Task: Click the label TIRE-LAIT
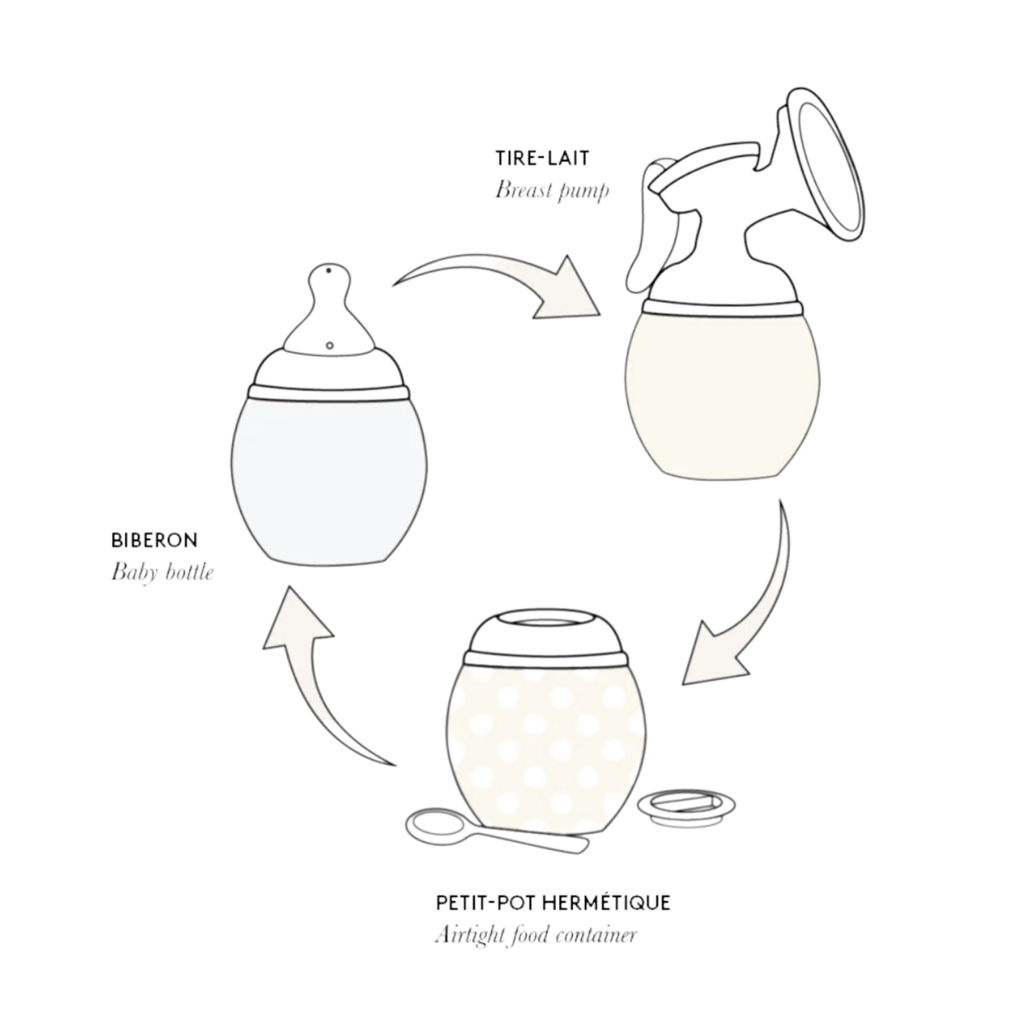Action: [542, 158]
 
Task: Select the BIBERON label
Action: [154, 540]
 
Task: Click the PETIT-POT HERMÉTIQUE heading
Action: [553, 903]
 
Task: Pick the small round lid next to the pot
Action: [686, 806]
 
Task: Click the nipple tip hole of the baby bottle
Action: [328, 271]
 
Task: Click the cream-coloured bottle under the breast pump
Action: [722, 394]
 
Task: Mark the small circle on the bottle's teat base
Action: [330, 346]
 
